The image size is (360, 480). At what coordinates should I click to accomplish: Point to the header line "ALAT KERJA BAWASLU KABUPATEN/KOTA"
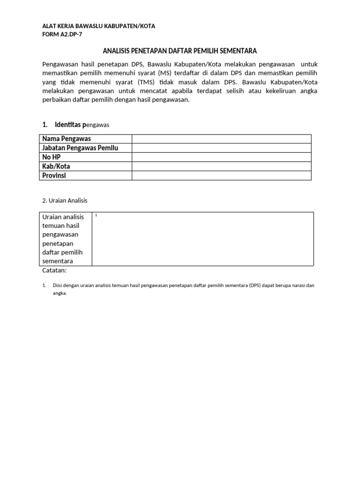98,26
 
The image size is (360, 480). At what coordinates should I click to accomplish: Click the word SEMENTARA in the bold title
236,51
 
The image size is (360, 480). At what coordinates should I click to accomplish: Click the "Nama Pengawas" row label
67,139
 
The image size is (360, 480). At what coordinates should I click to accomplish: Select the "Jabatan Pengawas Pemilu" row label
80,148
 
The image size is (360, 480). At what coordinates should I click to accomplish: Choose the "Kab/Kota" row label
56,166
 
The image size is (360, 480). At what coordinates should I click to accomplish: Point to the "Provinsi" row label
54,175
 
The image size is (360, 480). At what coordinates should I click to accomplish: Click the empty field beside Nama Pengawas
221,139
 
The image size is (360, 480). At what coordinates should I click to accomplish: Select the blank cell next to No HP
221,157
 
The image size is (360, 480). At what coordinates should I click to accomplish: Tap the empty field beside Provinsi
221,175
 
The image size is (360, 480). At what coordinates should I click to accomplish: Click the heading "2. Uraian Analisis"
65,201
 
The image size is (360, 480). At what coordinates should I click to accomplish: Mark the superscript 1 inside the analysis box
96,215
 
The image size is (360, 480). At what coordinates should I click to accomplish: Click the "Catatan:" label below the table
54,270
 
